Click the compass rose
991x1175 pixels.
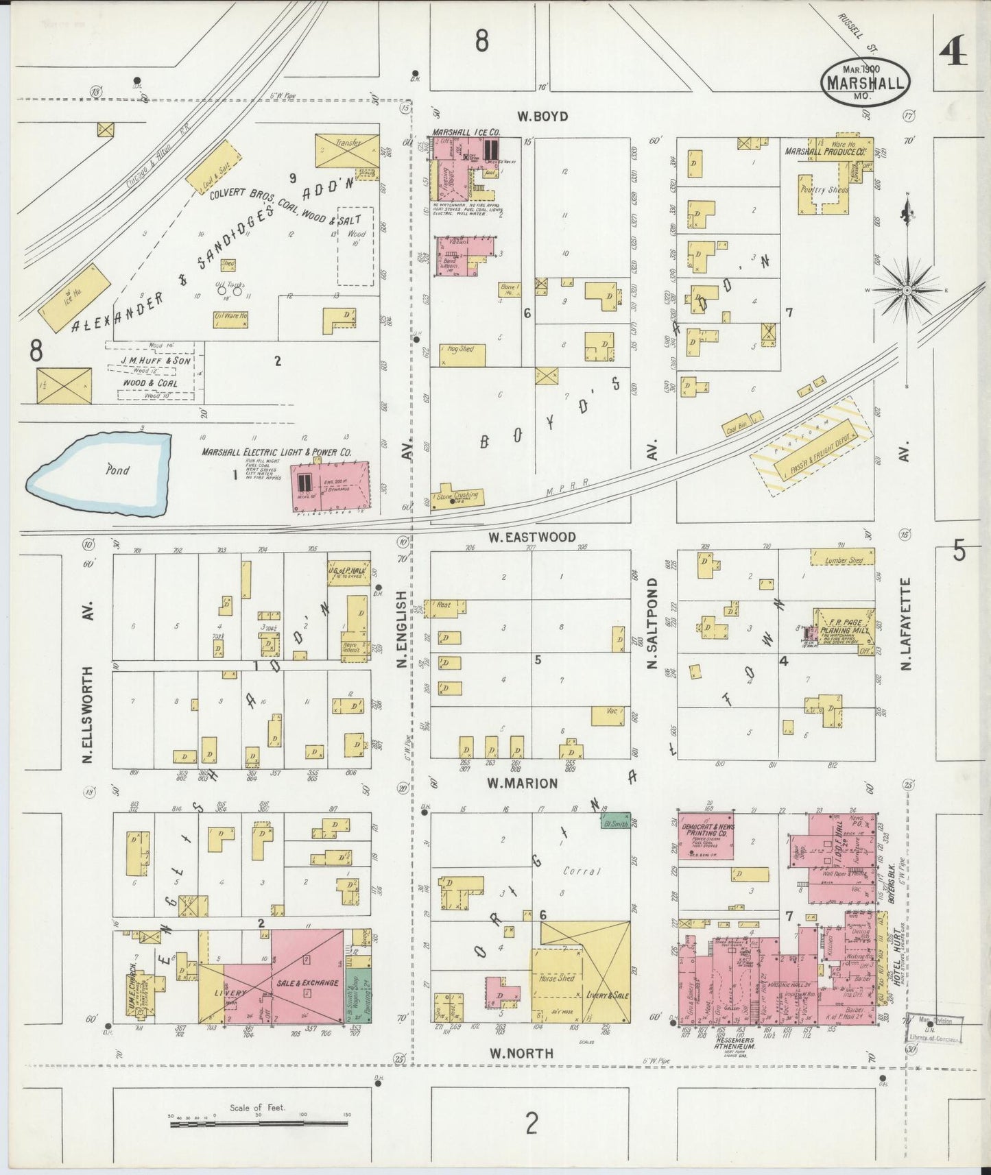point(907,291)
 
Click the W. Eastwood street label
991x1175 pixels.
point(532,537)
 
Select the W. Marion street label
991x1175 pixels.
point(522,782)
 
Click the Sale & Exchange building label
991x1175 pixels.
point(307,983)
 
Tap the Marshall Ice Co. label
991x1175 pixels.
point(465,132)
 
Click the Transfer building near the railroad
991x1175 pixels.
point(346,150)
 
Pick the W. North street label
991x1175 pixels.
point(521,1053)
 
